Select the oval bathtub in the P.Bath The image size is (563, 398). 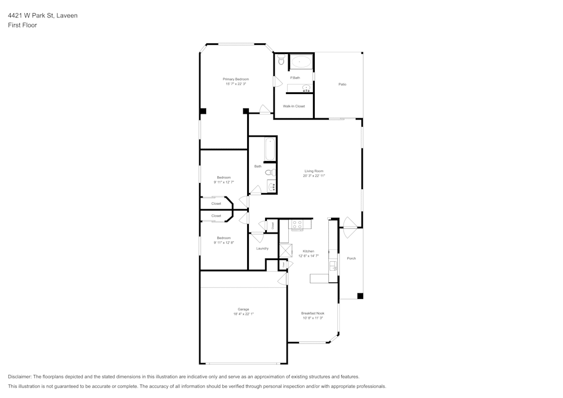301,61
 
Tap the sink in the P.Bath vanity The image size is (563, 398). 306,88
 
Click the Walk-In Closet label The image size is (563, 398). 294,106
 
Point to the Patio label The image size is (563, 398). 342,84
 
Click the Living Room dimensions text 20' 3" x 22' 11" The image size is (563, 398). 314,176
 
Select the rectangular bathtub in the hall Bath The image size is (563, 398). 270,149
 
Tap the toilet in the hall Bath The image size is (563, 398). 270,172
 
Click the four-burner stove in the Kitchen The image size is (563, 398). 297,225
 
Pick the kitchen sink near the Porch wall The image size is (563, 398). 333,264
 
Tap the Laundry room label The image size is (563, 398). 262,248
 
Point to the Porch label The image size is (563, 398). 351,258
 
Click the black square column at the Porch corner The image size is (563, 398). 360,296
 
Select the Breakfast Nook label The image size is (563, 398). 312,313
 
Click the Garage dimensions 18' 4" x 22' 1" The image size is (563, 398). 243,314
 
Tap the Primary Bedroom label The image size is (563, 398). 235,79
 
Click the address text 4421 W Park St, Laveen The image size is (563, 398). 43,16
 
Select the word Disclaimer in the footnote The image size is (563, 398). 20,377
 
